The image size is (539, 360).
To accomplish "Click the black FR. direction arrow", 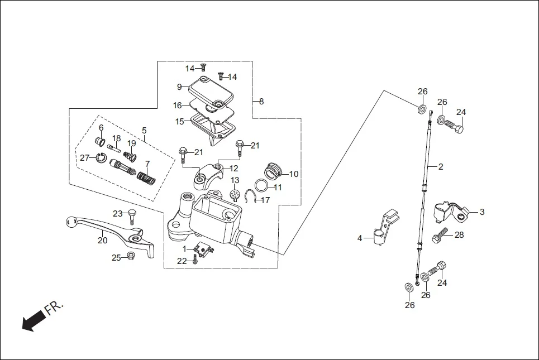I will [34, 320].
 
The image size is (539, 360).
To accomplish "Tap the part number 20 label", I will [102, 241].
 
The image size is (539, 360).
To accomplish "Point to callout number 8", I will [261, 102].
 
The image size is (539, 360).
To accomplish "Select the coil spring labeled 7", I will [145, 179].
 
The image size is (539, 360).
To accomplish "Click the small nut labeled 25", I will [130, 256].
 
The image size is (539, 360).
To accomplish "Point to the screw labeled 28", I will [440, 235].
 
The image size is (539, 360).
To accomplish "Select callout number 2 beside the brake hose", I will [440, 166].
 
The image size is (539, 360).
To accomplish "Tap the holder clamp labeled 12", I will [208, 175].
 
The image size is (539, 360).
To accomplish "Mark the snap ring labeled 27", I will [101, 158].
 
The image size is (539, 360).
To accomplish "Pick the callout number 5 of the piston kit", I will [144, 131].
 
